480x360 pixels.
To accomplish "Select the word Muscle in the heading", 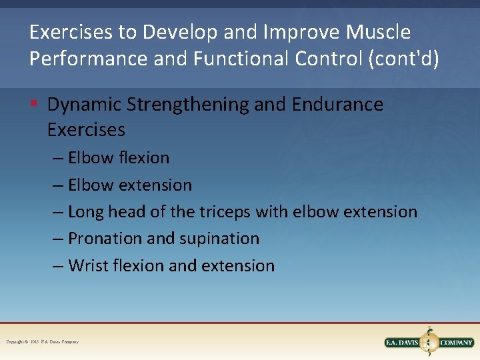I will [x=379, y=32].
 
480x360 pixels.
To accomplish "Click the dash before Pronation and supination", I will [x=59, y=239].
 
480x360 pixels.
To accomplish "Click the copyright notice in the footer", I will [x=42, y=342].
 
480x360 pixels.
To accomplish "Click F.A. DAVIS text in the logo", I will [x=402, y=343].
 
